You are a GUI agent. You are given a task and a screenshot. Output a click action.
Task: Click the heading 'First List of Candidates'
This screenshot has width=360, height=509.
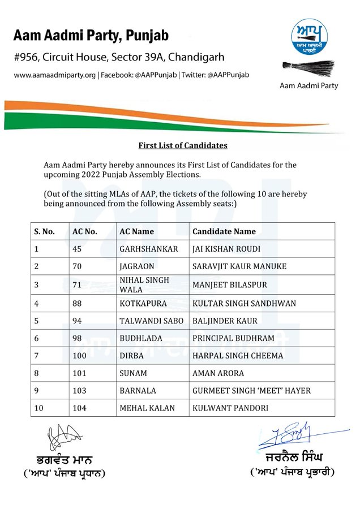183,145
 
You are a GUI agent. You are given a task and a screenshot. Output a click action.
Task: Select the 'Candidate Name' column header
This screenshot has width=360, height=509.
224,231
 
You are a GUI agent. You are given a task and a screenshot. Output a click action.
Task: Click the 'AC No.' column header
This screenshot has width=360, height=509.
85,231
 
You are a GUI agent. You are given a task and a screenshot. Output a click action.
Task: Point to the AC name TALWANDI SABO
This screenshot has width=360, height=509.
148,321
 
